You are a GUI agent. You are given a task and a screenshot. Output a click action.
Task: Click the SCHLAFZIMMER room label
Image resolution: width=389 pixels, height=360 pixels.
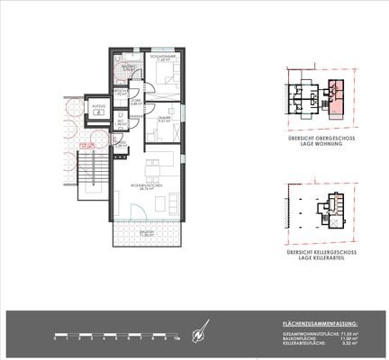[x=162, y=57]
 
